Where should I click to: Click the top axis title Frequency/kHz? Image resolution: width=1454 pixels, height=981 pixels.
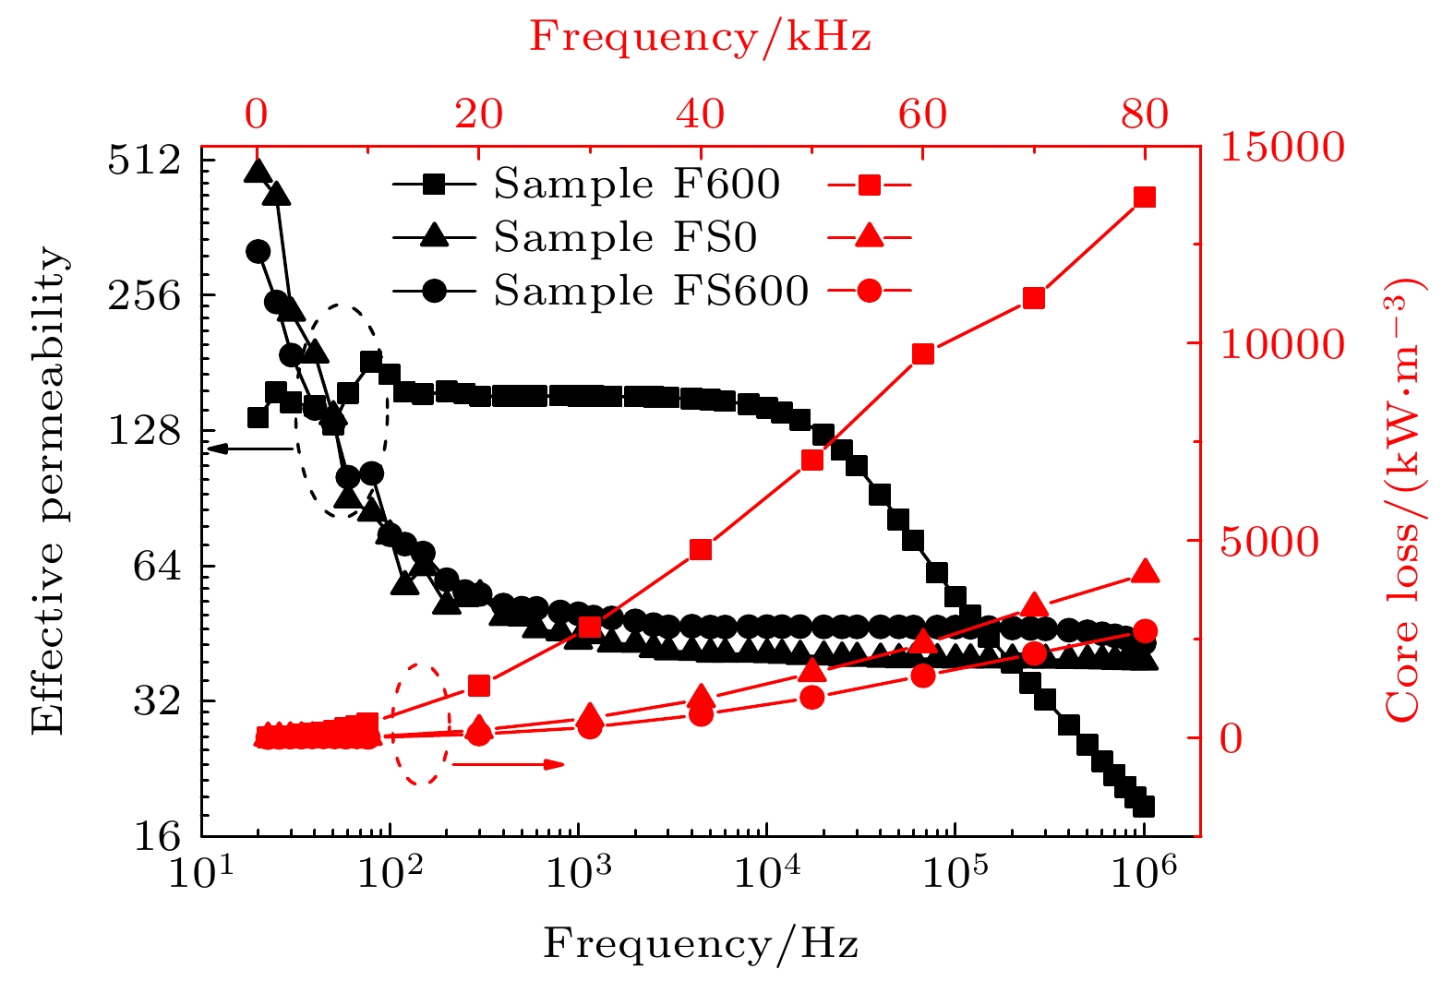coord(700,37)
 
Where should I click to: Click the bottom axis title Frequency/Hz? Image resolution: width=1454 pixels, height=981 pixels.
coord(701,944)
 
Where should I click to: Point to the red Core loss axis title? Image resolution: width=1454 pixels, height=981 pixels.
coord(1404,499)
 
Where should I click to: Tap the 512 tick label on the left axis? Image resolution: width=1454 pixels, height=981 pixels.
coord(144,160)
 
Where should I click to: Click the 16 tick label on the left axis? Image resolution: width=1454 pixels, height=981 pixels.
coord(157,836)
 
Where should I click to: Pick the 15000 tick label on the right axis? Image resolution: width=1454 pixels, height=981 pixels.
coord(1282,148)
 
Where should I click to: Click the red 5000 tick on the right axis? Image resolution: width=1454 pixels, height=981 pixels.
coord(1269,542)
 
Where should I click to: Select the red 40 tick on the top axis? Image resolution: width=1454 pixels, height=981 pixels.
coord(701,114)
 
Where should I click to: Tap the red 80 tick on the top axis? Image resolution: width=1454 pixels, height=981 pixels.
coord(1145,114)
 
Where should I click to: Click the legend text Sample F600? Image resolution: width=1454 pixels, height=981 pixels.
coord(637,185)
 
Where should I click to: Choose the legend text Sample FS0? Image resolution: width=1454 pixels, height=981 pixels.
coord(625,238)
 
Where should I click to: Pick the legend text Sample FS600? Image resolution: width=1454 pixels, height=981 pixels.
coord(651,292)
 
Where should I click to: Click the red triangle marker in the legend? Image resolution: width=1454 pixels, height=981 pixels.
coord(869,237)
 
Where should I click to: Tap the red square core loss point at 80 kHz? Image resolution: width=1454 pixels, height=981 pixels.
coord(1145,197)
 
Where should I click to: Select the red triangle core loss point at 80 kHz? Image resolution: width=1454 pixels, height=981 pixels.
coord(1145,571)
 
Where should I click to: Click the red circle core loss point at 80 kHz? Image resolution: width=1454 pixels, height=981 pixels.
coord(1145,632)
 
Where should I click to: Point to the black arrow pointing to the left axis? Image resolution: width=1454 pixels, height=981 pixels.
coord(249,449)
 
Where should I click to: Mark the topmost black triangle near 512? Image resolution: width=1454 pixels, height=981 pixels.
coord(258,171)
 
